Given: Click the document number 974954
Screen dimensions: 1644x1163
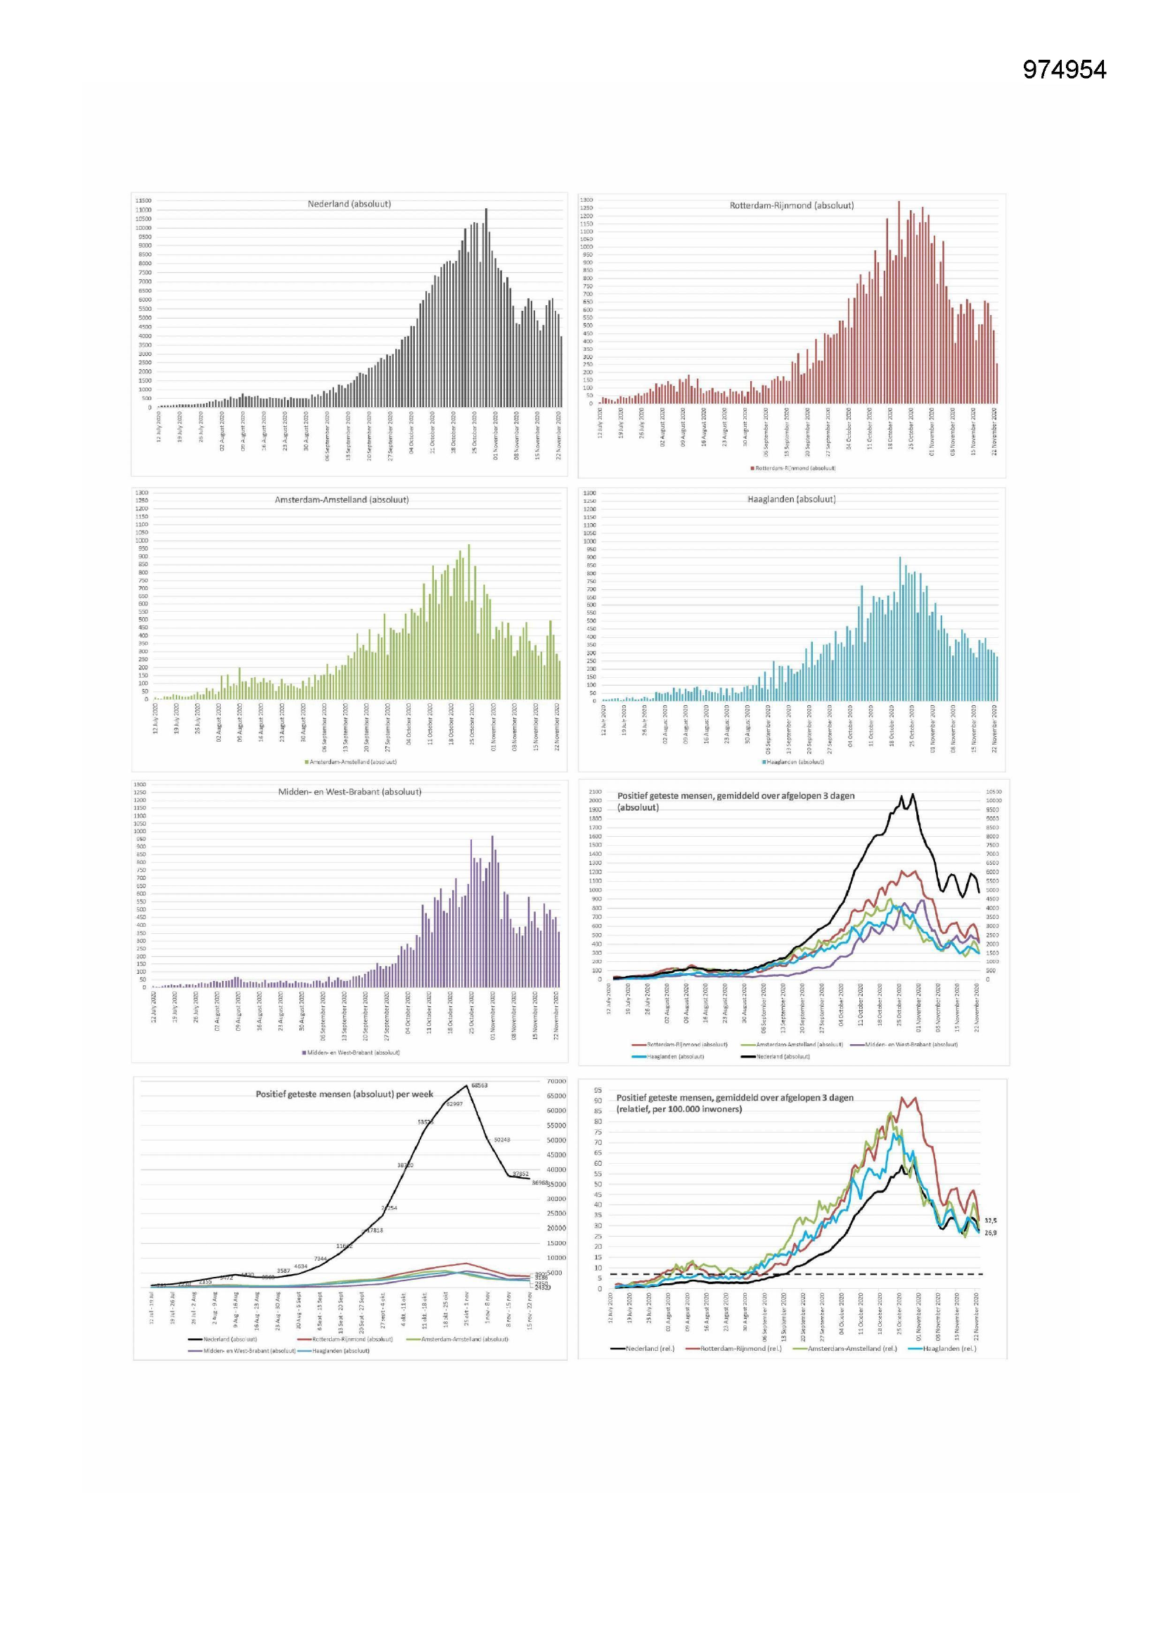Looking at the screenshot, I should point(1063,70).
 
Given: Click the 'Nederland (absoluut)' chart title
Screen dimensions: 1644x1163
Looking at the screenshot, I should point(349,204).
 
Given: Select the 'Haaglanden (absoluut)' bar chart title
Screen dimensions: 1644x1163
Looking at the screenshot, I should point(790,499).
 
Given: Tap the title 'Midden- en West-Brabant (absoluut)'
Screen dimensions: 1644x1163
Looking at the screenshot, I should point(349,792).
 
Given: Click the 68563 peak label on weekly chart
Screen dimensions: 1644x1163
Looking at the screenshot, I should point(479,1086).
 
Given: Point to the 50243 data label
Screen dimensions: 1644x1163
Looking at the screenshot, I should point(501,1139).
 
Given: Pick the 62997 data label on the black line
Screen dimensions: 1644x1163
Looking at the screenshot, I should point(454,1104).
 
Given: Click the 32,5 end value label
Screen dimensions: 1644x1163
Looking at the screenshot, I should point(991,1221).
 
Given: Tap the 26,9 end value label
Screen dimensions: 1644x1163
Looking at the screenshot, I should point(991,1233).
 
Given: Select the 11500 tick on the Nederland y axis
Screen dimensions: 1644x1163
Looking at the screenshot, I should point(143,201).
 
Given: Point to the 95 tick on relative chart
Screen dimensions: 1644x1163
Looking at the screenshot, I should point(597,1091).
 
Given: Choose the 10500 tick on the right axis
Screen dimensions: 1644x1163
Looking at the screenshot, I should point(994,792).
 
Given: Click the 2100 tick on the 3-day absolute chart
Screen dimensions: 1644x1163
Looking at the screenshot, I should point(595,792).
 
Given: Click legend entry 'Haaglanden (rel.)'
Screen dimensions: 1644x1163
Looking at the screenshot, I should point(948,1349).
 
